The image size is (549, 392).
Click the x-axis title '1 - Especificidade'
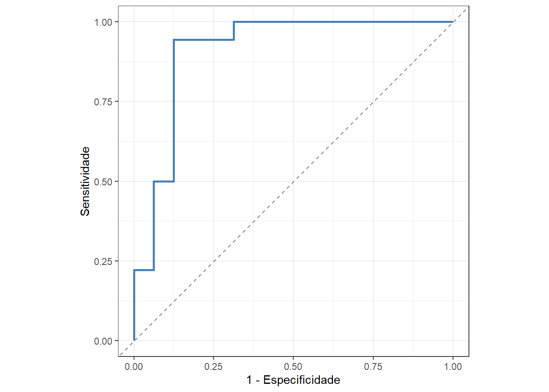(293, 380)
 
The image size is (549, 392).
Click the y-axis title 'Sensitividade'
(85, 181)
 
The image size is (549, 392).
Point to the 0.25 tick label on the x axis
(213, 367)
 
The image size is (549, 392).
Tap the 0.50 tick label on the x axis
(293, 367)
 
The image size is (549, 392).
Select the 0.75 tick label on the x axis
(373, 367)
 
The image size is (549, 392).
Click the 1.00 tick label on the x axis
(453, 367)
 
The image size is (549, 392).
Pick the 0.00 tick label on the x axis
(134, 367)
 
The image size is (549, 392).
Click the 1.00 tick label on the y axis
(103, 22)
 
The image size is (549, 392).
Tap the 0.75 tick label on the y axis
(103, 102)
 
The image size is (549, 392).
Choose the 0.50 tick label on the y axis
(103, 182)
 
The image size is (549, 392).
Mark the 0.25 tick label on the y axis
(103, 261)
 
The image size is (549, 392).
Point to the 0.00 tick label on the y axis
(103, 341)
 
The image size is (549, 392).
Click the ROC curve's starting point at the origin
(134, 340)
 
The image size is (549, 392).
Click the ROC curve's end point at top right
(453, 22)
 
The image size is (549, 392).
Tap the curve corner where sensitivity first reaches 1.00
(234, 22)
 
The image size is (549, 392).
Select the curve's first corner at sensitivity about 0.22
(134, 270)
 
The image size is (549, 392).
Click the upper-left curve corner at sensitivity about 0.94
(174, 40)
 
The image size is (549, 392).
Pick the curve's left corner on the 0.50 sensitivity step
(154, 181)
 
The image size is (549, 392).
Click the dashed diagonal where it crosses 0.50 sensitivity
(293, 181)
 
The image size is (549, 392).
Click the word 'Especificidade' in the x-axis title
(301, 380)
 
